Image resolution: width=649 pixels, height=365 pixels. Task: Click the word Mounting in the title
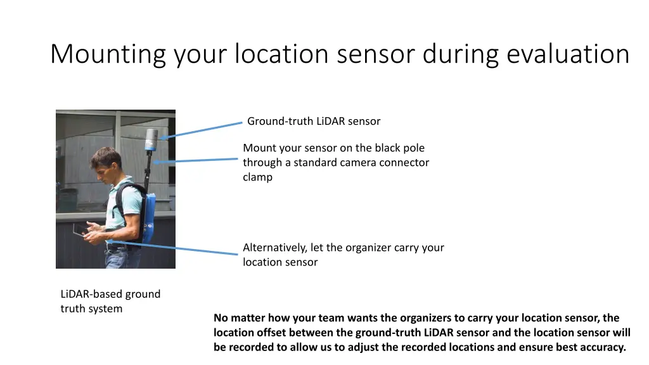point(108,54)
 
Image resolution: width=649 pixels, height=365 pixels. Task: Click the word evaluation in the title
point(568,54)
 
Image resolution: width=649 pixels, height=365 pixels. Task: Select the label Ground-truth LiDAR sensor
point(314,121)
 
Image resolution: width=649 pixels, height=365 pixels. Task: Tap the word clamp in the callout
point(257,177)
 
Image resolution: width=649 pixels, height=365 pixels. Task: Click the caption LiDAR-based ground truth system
point(110,301)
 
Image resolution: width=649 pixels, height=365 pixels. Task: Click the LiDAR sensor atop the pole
point(151,139)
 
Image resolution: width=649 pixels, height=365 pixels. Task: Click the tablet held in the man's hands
point(81,230)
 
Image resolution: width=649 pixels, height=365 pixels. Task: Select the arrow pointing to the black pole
point(196,160)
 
